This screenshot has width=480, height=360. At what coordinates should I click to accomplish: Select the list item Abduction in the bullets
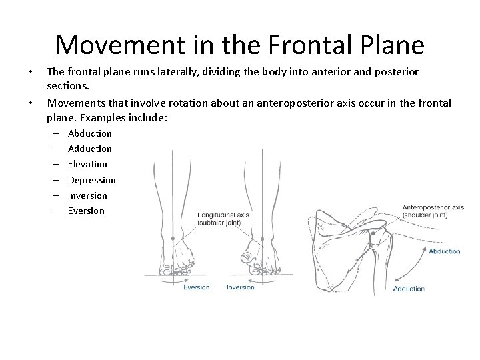tap(90, 133)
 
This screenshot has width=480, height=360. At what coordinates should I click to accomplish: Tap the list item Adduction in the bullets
tap(90, 149)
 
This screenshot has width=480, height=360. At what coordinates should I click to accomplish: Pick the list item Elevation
tap(87, 164)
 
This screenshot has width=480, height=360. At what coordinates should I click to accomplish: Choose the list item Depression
tap(92, 180)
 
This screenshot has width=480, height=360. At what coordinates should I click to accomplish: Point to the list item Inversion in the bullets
tap(87, 195)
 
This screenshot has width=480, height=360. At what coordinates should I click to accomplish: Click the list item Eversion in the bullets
tap(87, 211)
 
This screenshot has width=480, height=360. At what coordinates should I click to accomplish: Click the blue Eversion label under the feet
tap(196, 287)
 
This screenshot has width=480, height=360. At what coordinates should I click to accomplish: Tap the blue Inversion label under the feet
tap(241, 287)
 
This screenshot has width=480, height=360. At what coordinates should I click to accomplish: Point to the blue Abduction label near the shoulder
tap(444, 251)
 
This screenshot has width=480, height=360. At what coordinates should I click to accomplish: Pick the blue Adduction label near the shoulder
tap(409, 289)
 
